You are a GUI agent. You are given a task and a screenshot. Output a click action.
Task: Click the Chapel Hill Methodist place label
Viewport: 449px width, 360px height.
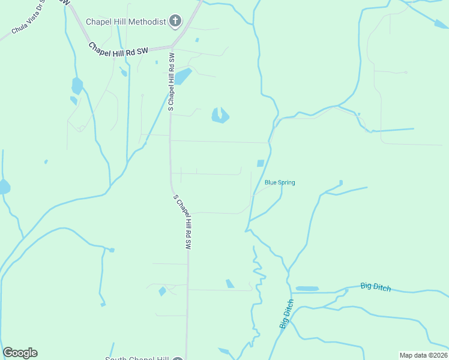(x=125, y=22)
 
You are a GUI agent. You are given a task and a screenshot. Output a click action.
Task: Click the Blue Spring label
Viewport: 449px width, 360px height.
(x=280, y=182)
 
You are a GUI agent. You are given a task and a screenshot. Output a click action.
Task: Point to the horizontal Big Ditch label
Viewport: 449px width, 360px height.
(x=376, y=287)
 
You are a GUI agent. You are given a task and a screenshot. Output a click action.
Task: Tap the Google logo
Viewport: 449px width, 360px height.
(x=20, y=353)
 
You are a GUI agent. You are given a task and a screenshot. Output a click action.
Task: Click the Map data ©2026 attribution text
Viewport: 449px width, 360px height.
(x=423, y=355)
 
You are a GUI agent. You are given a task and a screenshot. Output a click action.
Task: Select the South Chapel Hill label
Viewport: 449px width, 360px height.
(x=137, y=359)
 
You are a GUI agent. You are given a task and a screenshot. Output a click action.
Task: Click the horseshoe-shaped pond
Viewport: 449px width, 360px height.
(x=220, y=116)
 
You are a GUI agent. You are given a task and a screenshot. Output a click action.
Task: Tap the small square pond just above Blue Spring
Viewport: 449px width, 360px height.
(x=261, y=163)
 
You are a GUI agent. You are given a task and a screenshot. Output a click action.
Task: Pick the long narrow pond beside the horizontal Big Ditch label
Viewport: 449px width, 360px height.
(x=307, y=289)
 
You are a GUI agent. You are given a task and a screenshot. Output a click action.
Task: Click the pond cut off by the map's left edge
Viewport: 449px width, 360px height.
(x=4, y=187)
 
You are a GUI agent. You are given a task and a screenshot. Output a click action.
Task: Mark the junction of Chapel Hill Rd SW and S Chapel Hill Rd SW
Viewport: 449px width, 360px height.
(x=172, y=47)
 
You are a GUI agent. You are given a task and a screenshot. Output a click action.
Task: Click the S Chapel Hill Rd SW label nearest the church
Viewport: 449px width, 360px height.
(x=171, y=82)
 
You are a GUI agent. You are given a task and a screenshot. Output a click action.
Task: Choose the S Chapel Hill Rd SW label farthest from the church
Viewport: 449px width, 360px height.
(x=182, y=222)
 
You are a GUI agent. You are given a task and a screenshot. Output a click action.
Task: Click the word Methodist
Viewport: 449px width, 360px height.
(x=148, y=22)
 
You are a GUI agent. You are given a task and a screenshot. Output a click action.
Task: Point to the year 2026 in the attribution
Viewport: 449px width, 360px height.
(x=439, y=355)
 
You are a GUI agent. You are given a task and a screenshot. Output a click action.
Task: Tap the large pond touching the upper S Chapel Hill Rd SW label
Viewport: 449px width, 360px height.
(x=182, y=76)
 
